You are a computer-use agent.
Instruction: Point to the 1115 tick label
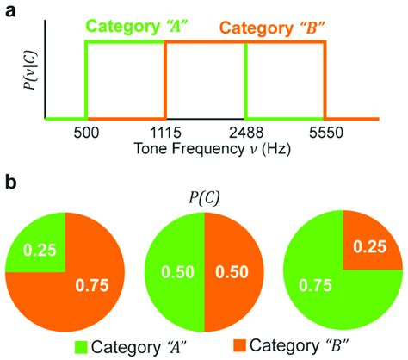click(164, 134)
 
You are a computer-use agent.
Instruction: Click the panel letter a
click(9, 10)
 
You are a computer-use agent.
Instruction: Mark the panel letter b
click(9, 183)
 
